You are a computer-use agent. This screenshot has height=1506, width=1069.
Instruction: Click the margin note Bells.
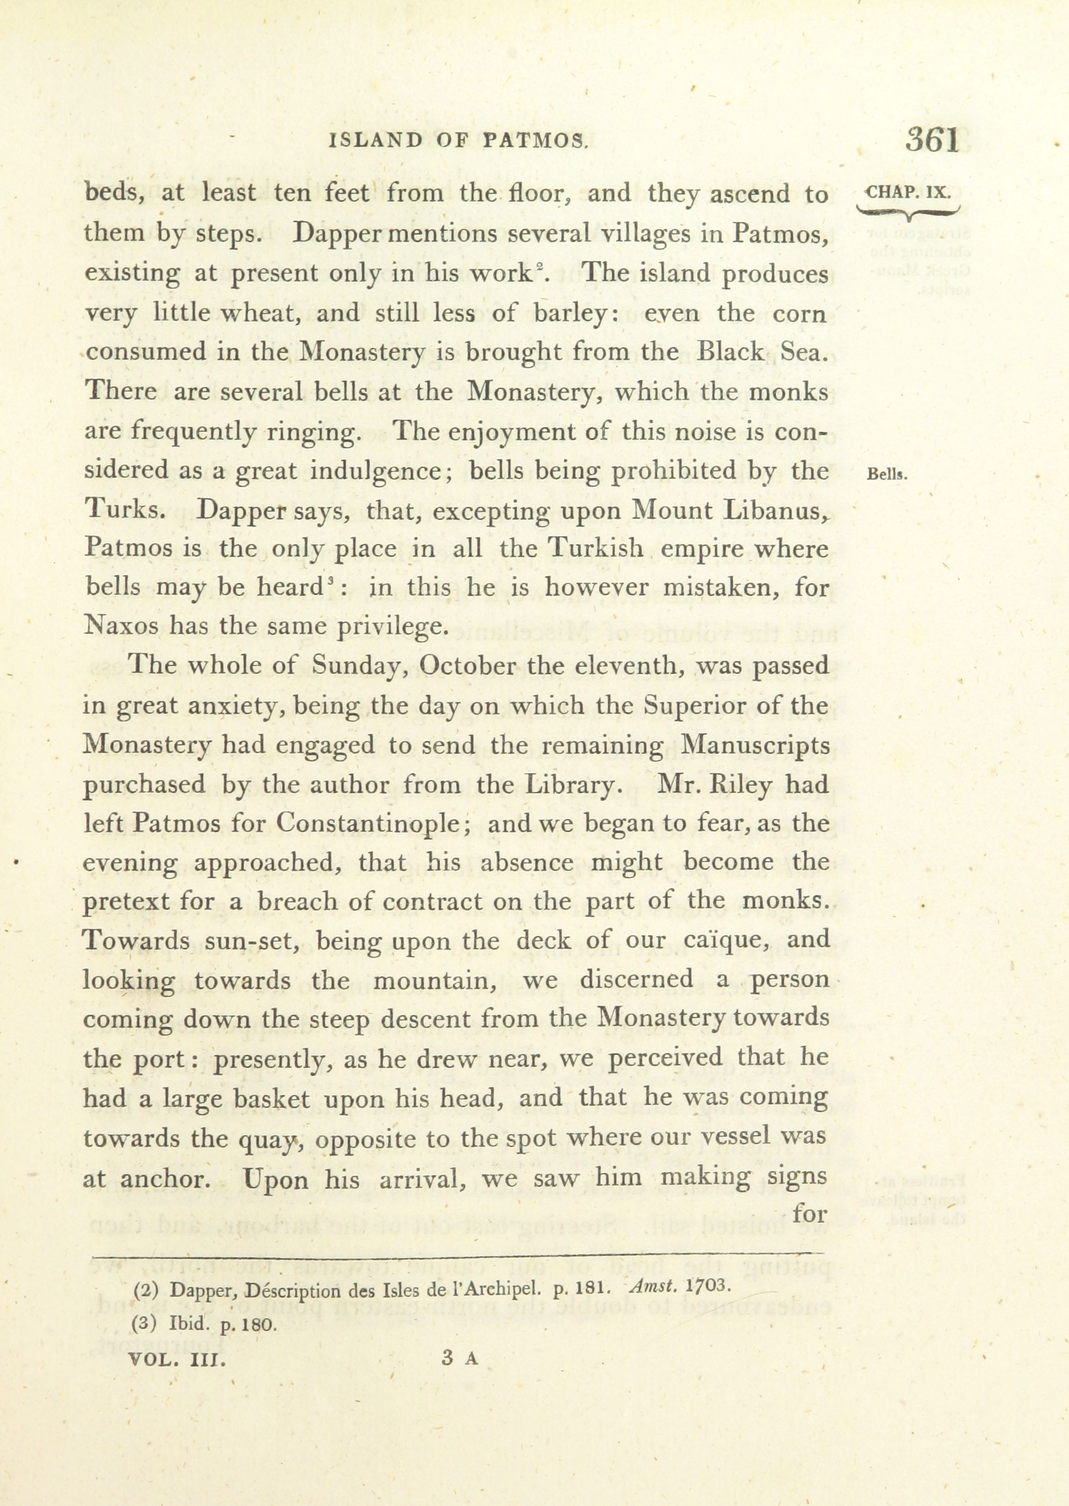point(888,474)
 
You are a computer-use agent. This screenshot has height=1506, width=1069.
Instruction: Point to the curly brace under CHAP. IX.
point(909,212)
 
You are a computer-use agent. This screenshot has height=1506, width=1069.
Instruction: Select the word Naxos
point(122,626)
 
